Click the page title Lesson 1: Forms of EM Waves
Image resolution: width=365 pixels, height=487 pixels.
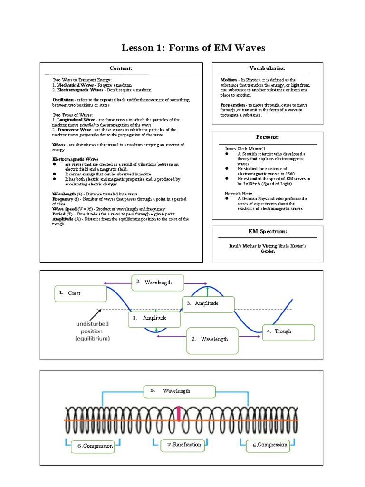(x=193, y=48)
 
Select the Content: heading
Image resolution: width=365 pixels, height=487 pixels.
(x=121, y=68)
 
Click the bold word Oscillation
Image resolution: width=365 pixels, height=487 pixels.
(x=63, y=100)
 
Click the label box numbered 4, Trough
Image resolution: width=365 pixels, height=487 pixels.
(x=288, y=331)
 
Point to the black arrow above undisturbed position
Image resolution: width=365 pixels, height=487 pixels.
(x=96, y=315)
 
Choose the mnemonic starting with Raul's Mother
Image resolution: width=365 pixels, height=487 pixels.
(x=267, y=249)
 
